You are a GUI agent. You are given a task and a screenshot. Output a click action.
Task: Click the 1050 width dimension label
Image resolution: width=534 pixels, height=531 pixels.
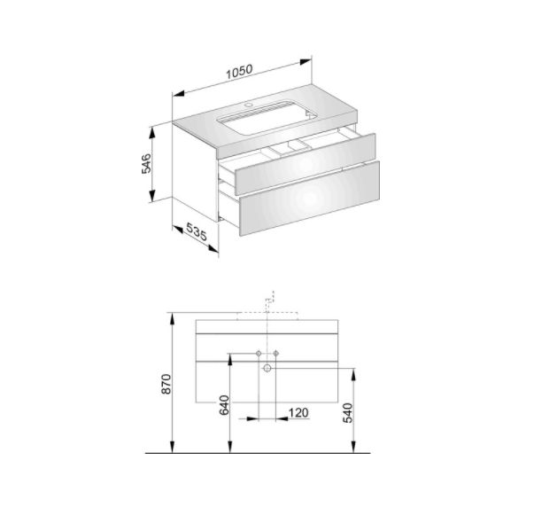click(x=240, y=71)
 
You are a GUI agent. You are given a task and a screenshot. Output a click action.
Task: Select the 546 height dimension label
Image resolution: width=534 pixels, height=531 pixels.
click(x=146, y=164)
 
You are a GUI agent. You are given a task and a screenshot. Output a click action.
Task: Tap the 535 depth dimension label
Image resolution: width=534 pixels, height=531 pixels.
click(x=197, y=231)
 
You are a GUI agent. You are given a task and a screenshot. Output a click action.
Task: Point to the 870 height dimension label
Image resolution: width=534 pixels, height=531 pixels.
click(x=166, y=384)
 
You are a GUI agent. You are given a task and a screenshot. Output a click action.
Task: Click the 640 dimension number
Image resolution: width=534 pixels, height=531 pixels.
click(x=224, y=405)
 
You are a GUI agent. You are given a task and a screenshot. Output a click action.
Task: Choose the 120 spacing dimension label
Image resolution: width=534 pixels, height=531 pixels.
click(x=298, y=413)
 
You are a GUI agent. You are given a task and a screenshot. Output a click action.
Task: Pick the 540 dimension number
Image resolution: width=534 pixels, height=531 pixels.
click(x=348, y=413)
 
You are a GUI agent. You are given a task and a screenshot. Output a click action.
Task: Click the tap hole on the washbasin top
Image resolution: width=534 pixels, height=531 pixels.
click(x=250, y=105)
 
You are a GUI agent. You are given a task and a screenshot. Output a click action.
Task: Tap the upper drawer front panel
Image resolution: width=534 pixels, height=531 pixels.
click(x=306, y=160)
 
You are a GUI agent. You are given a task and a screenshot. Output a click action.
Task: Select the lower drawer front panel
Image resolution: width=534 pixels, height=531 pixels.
click(x=310, y=199)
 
